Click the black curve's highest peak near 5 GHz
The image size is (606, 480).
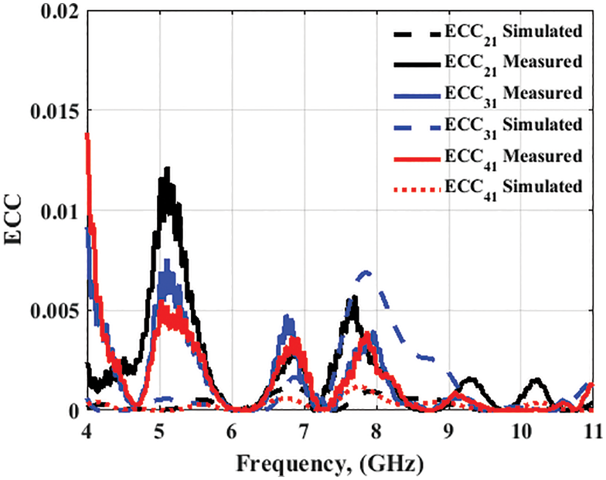[166, 168]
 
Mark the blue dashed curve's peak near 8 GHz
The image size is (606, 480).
[366, 271]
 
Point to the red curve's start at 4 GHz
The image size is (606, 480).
[87, 135]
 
